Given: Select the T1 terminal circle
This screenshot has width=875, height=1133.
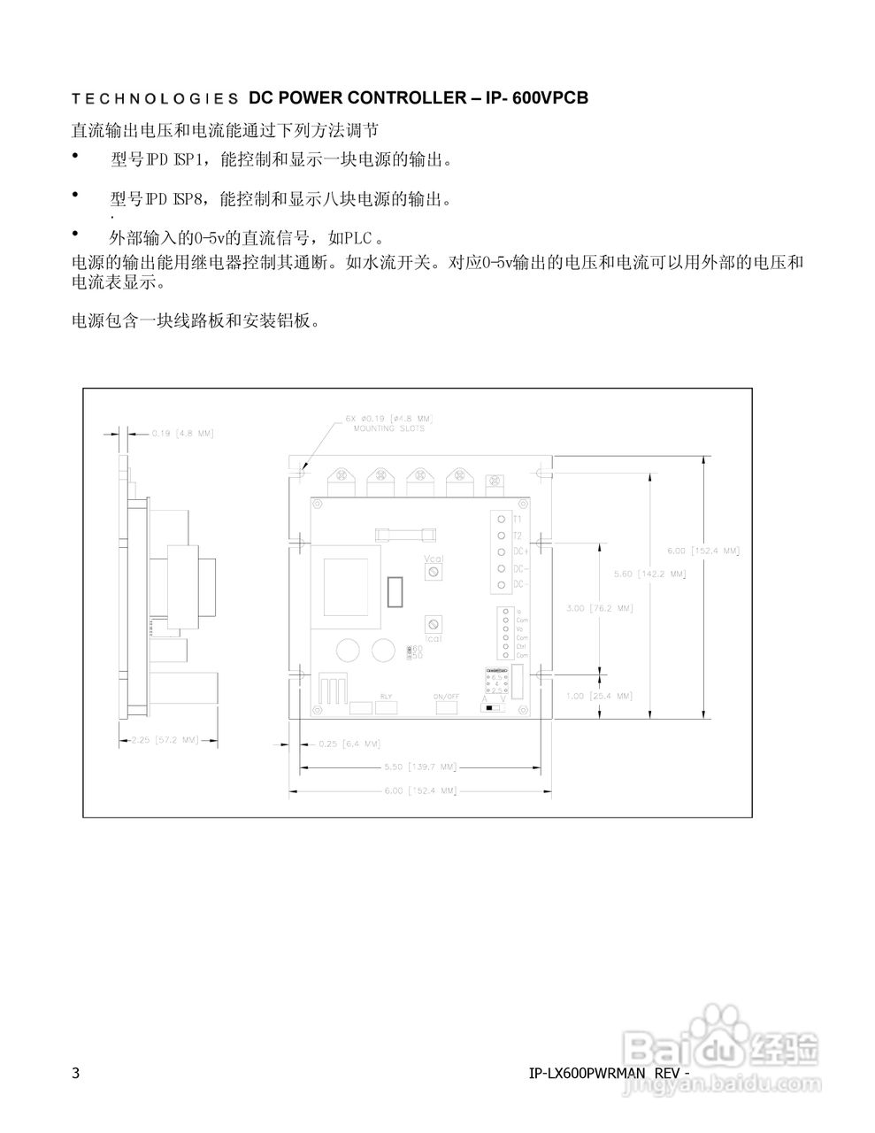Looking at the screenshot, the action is tap(501, 519).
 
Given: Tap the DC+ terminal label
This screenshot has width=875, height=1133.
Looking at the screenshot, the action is tap(521, 551).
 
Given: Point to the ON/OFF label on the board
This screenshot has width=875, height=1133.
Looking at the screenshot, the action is tap(446, 696).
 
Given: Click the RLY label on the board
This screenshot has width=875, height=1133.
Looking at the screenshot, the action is tap(386, 696).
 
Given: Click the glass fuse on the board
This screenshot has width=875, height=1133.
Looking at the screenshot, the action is tap(404, 534).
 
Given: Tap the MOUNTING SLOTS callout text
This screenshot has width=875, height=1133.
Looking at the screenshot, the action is tap(389, 428).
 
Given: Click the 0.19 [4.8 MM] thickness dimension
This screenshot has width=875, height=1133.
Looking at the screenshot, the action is tap(182, 434).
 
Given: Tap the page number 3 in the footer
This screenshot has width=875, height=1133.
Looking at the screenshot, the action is tap(75, 1074).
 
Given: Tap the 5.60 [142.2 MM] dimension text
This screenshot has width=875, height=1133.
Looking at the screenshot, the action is tap(649, 574).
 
